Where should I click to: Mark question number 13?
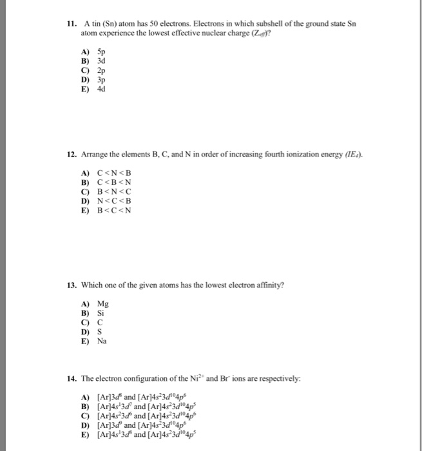coord(72,285)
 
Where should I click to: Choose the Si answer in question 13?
coord(101,314)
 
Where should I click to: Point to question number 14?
coord(72,377)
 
